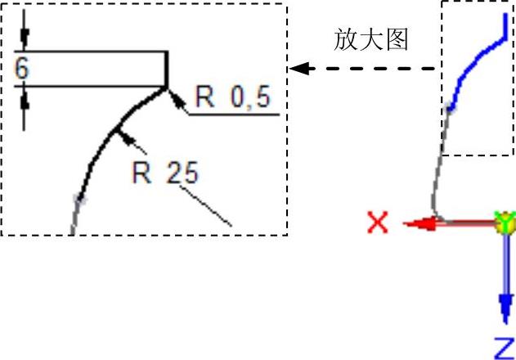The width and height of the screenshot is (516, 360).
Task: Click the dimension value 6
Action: click(x=21, y=69)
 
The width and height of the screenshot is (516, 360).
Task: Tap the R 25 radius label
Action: click(x=166, y=173)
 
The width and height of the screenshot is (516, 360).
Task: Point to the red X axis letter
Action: click(x=378, y=222)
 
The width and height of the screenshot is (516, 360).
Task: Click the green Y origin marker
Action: click(x=505, y=221)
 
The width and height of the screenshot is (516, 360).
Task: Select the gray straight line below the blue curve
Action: click(x=442, y=155)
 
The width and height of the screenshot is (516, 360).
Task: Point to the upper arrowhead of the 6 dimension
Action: click(x=24, y=38)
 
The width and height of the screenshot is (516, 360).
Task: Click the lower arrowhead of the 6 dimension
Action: click(x=24, y=99)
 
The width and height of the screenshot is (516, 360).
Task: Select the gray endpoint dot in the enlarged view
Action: click(x=79, y=197)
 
